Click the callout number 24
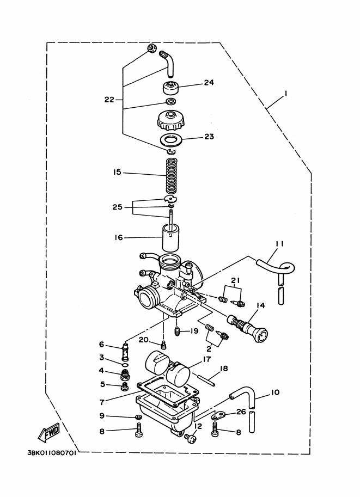[x=209, y=82]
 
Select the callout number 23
[x=209, y=137]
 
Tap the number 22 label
[x=109, y=100]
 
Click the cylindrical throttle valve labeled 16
[x=170, y=238]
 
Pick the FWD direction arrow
[x=49, y=433]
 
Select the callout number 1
[x=285, y=93]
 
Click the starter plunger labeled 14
[x=248, y=328]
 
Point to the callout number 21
[x=235, y=280]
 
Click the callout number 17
[x=207, y=359]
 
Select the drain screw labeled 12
[x=191, y=439]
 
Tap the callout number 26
[x=241, y=412]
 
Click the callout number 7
[x=102, y=402]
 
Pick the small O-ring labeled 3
[x=125, y=365]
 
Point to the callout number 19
[x=194, y=331]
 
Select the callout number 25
[x=117, y=207]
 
